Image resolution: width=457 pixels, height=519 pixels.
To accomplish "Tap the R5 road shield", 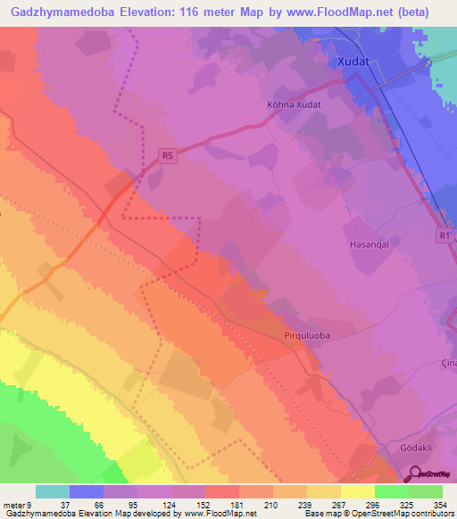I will point(168,155).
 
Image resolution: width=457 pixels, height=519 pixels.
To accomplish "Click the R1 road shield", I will point(445,235).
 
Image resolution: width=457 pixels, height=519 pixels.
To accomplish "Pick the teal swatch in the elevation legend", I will point(53,491).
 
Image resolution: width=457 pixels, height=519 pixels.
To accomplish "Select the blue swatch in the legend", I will point(87,491).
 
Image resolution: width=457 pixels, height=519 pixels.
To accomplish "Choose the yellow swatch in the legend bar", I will point(358,491).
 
